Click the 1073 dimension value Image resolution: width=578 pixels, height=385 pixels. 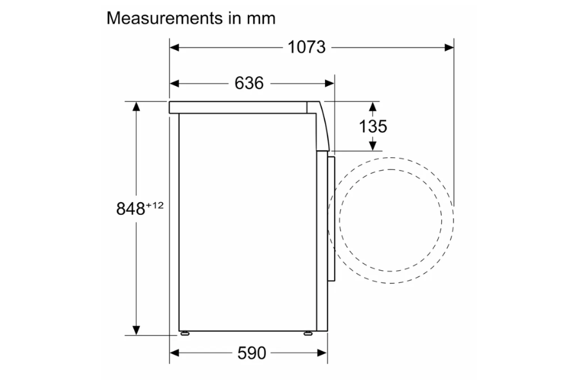[306, 47]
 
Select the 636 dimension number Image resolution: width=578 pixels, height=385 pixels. [249, 83]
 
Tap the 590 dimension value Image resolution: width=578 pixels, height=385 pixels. [252, 353]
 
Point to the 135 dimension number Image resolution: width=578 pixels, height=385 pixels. [372, 126]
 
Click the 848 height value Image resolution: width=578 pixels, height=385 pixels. [130, 209]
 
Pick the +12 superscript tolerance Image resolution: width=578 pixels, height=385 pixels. [154, 205]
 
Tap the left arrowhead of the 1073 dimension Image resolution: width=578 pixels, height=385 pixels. [174, 47]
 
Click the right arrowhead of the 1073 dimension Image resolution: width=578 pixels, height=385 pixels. [450, 47]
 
